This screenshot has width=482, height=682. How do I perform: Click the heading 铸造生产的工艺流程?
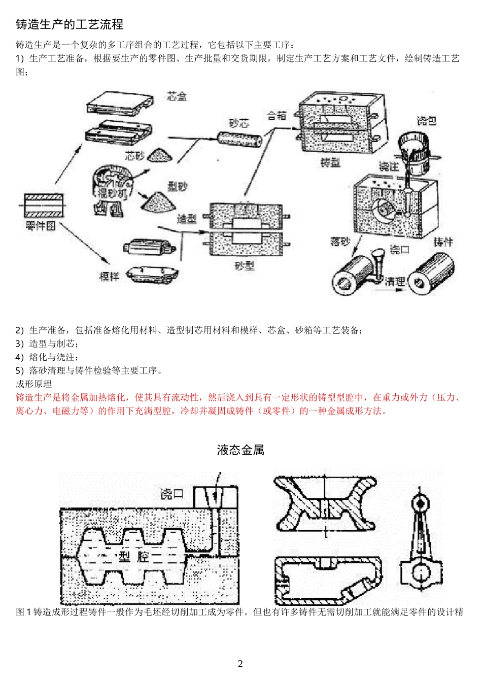(x=70, y=24)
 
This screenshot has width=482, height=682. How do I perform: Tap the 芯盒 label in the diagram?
(x=177, y=96)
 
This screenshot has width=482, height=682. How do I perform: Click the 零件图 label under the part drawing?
(x=41, y=226)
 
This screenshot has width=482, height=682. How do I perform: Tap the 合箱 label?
(x=277, y=116)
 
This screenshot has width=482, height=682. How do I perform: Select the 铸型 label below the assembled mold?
(x=330, y=162)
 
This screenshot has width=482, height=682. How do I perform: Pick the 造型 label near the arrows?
(x=187, y=219)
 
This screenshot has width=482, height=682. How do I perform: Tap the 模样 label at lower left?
(x=109, y=277)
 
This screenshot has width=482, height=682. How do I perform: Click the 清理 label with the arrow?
(x=395, y=282)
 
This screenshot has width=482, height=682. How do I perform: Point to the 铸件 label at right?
(x=442, y=242)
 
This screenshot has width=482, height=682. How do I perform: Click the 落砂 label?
(x=340, y=242)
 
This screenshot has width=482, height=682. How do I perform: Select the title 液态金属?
(x=240, y=450)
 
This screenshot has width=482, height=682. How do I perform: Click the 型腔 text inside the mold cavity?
(x=134, y=556)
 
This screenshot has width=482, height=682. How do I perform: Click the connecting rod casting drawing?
(x=421, y=543)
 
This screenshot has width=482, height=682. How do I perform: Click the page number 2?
(x=240, y=664)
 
